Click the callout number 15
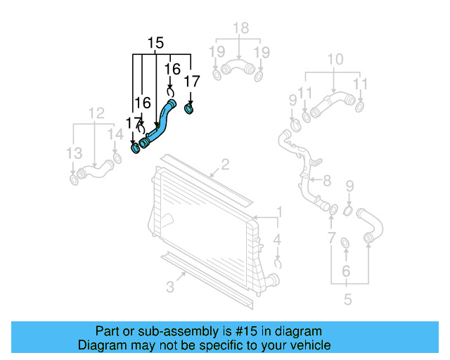pos(156,43)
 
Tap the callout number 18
pos(240,27)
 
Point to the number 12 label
pos(96,112)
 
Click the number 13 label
pos(74,153)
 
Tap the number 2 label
pos(225,166)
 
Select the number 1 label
pos(278,212)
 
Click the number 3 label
pos(171,286)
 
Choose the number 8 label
pos(326,181)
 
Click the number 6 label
pos(345,271)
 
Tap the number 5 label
pos(347,300)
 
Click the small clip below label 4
pos(278,264)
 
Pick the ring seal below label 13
pos(74,181)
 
